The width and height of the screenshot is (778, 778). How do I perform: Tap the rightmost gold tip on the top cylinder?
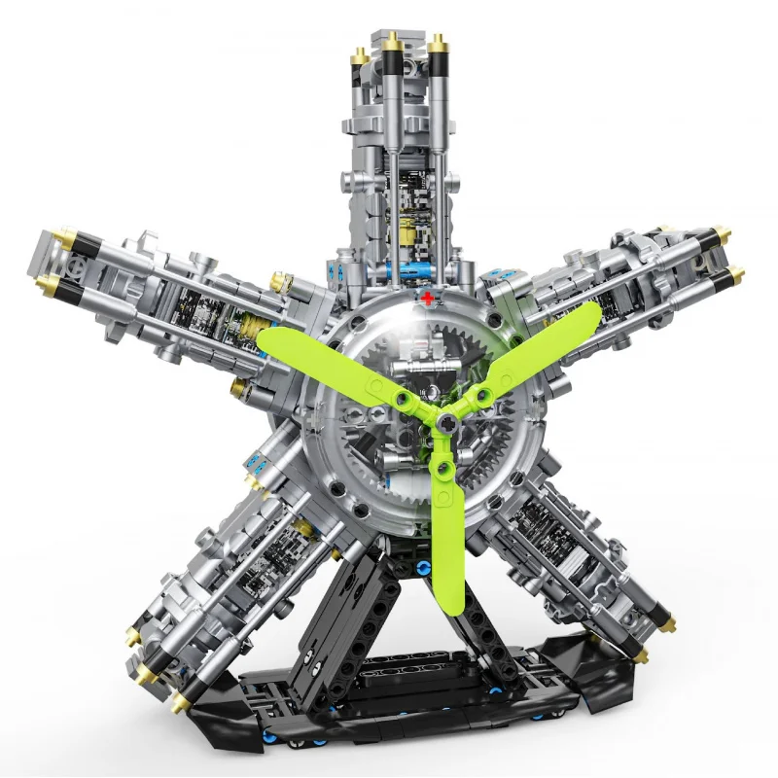[x=439, y=42]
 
